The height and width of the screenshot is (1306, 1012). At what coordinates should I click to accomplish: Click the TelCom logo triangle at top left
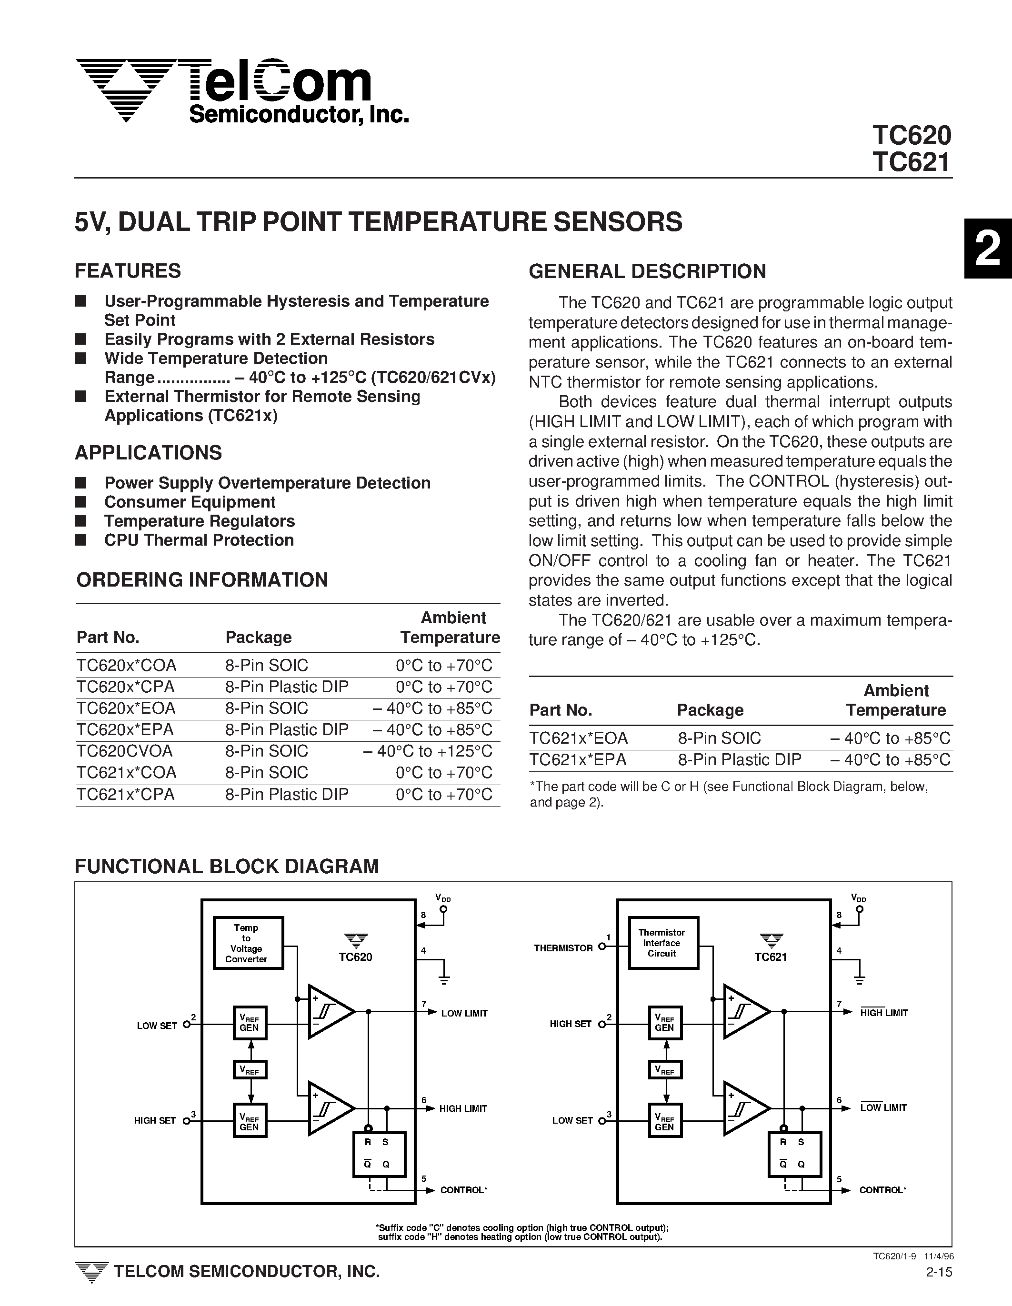tap(126, 90)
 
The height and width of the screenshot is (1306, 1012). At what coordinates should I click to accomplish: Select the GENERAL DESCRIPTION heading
tap(647, 271)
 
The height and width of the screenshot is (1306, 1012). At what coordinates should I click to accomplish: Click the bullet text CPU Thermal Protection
tap(199, 540)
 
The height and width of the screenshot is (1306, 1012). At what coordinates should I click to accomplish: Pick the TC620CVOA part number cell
tap(124, 751)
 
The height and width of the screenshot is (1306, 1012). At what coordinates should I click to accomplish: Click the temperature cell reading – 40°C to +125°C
tap(428, 751)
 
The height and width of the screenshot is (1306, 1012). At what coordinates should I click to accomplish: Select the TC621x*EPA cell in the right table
tap(578, 760)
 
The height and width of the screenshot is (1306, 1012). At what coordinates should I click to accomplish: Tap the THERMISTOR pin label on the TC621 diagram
tap(563, 948)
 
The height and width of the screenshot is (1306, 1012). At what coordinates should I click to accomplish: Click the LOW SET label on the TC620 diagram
tap(157, 1026)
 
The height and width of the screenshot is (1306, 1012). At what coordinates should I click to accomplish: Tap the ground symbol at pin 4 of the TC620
tap(444, 979)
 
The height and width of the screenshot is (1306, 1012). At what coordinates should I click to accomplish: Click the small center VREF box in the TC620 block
tap(250, 1070)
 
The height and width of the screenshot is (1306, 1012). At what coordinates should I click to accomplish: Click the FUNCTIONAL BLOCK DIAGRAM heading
tap(227, 867)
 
